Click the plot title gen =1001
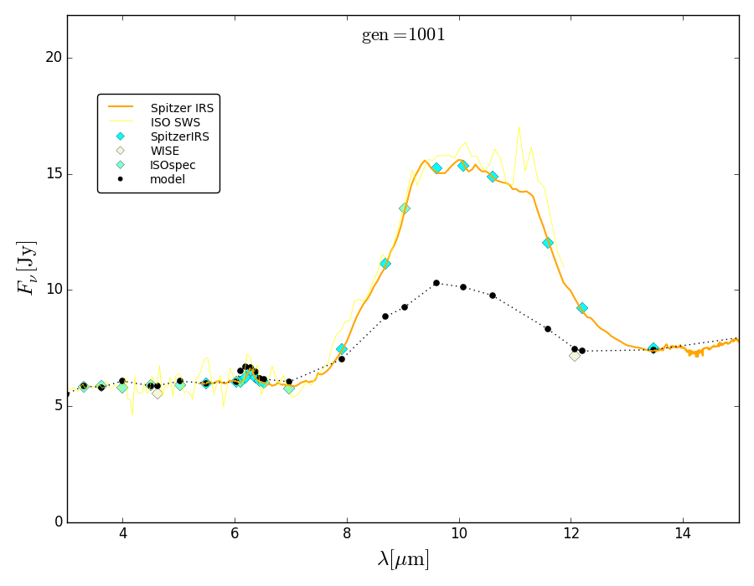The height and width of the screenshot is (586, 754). pyautogui.click(x=403, y=35)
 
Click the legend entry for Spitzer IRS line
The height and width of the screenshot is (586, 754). pyautogui.click(x=182, y=108)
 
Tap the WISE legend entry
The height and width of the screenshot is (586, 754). pyautogui.click(x=164, y=151)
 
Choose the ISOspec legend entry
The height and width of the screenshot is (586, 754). pyautogui.click(x=173, y=165)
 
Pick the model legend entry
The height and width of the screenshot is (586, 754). pyautogui.click(x=168, y=179)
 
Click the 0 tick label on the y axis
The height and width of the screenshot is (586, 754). pyautogui.click(x=58, y=522)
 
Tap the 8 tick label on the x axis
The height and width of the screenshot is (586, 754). pyautogui.click(x=347, y=537)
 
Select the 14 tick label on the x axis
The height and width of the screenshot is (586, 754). pyautogui.click(x=683, y=537)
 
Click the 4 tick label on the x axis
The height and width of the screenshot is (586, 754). pyautogui.click(x=122, y=537)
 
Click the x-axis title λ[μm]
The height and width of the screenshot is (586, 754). pyautogui.click(x=403, y=559)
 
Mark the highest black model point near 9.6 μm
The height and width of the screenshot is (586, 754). pyautogui.click(x=436, y=283)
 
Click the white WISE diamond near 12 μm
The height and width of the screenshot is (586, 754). pyautogui.click(x=575, y=356)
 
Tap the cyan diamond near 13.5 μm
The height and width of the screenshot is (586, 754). pyautogui.click(x=653, y=348)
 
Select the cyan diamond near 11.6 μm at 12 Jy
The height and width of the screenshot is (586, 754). pyautogui.click(x=548, y=243)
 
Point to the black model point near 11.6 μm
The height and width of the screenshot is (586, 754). pyautogui.click(x=548, y=329)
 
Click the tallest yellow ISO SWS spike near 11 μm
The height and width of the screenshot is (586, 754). pyautogui.click(x=519, y=128)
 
